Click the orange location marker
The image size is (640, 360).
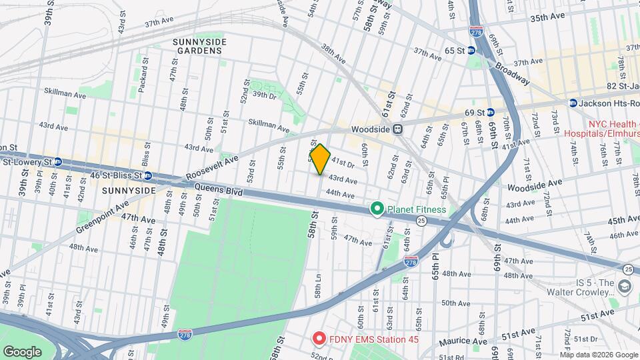point(321,159)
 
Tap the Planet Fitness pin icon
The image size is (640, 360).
point(377,209)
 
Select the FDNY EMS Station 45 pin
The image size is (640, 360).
point(319,339)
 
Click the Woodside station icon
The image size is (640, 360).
point(397,129)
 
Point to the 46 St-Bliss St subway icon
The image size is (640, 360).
point(148,176)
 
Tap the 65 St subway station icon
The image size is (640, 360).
point(471,50)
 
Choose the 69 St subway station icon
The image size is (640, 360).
point(489,112)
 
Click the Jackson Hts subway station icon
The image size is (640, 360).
point(573,103)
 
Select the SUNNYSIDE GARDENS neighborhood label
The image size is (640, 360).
point(199,46)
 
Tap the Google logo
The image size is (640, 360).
point(23,351)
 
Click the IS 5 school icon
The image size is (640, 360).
point(625,287)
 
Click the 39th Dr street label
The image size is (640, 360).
point(263,95)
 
